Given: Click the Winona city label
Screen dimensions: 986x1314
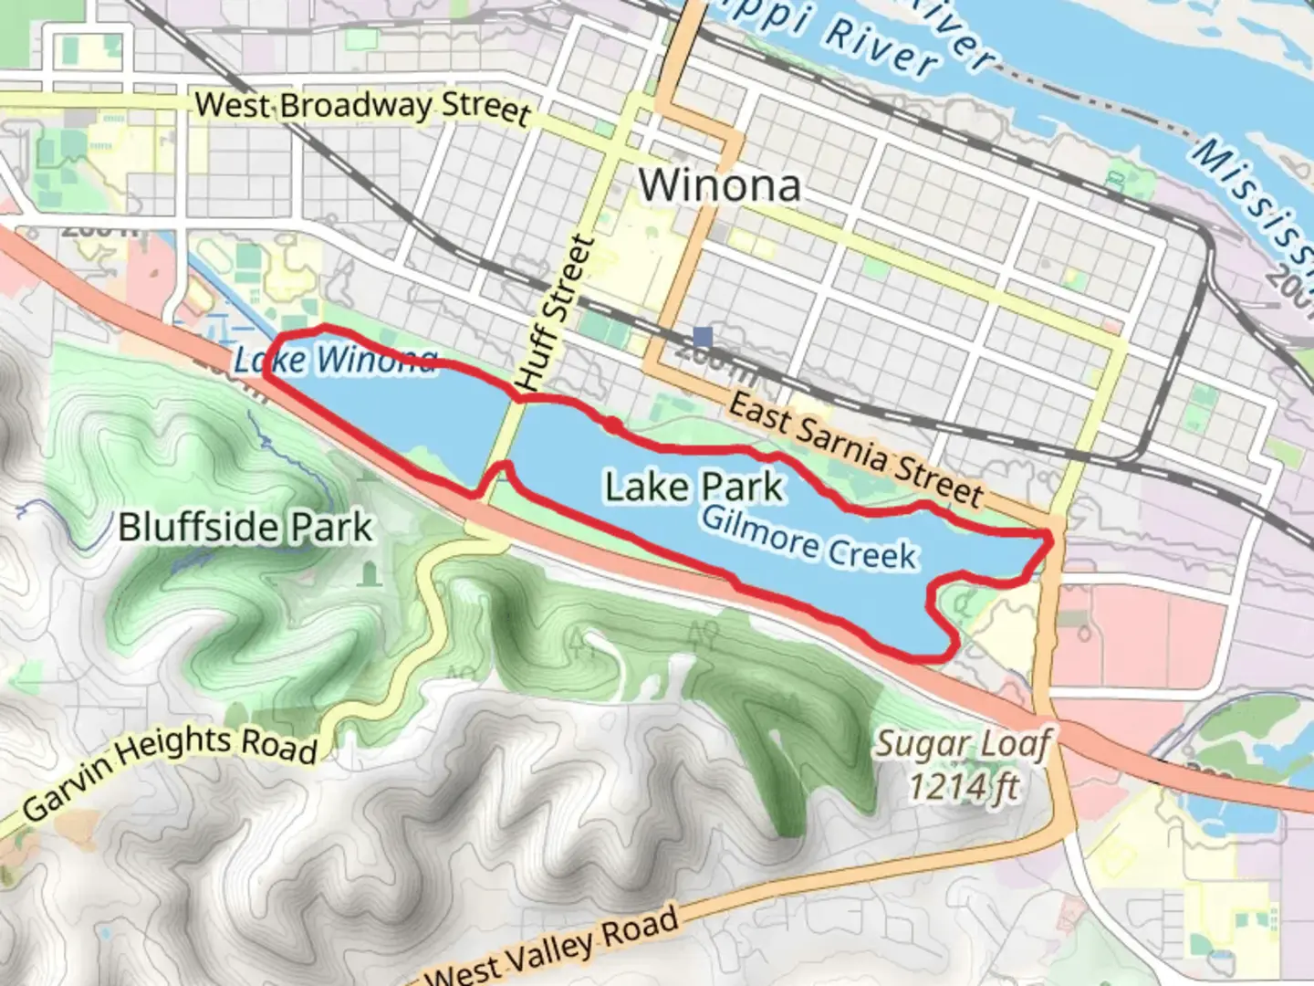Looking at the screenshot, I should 719,185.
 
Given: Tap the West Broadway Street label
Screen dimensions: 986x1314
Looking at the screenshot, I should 362,107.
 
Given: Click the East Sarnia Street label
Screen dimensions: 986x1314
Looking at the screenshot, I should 855,451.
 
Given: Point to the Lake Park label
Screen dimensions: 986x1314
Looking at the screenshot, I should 693,487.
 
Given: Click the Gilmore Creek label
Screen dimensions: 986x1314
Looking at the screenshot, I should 808,539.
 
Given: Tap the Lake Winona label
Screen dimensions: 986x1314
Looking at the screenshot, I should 335,360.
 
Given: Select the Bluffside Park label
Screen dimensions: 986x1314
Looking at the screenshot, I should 245,528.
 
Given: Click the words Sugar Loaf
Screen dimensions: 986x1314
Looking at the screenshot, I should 964,744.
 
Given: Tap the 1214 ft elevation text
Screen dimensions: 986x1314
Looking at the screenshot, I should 964,785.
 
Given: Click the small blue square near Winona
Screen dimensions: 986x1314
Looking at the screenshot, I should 702,337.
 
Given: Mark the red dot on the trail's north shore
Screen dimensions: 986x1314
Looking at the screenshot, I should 610,425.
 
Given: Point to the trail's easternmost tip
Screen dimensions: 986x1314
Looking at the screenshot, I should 1050,540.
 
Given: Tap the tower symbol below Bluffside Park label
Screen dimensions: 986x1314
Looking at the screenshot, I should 368,574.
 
